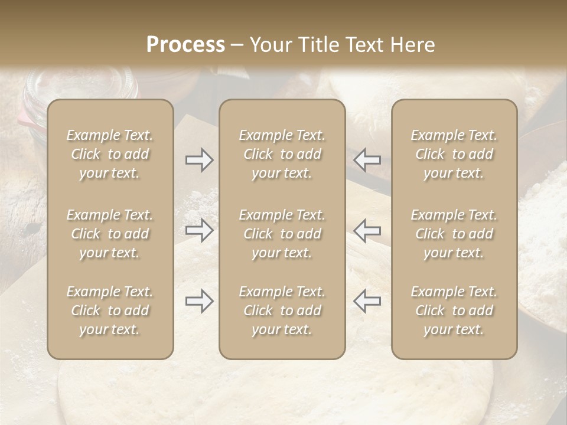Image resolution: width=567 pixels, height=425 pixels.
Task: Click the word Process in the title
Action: coord(185,45)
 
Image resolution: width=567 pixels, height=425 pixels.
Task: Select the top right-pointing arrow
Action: coord(199,160)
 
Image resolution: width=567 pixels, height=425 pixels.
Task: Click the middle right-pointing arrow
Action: coord(199,230)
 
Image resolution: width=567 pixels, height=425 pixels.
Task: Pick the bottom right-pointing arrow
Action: coord(199,301)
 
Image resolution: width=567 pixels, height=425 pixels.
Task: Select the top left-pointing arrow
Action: coord(367,160)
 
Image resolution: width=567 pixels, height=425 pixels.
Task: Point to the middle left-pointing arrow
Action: coord(367,230)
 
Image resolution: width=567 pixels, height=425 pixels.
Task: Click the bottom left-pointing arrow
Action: coord(367,301)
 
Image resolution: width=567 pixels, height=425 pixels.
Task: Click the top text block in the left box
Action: coord(110,154)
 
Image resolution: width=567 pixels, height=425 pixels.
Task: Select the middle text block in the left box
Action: coord(110,234)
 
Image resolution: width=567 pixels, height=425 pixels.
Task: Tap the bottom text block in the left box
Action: coord(110,310)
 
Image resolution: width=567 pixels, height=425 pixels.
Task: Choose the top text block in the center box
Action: coord(282,154)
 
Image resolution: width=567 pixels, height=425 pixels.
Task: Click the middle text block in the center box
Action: coord(282,234)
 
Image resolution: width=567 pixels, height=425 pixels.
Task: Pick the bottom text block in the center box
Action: coord(282,310)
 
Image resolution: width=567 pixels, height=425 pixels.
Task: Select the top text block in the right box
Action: coord(454,154)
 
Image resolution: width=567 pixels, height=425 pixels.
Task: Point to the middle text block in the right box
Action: coord(454,234)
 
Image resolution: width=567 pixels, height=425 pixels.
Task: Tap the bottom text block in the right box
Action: coord(454,310)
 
